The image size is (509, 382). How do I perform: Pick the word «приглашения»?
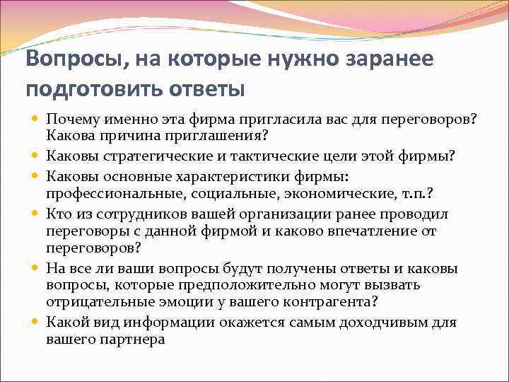click(x=190, y=134)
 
